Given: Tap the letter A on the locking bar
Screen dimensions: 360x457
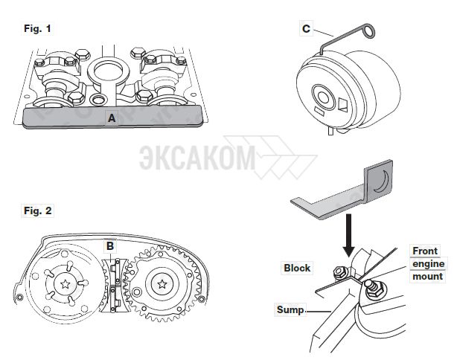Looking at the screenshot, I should pos(112,118).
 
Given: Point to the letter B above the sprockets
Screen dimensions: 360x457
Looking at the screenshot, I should pos(110,243).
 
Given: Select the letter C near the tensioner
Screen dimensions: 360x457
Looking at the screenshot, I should pos(306,29).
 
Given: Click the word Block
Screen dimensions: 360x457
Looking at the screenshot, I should pos(297,268).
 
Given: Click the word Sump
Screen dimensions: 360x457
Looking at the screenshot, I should pos(290,309).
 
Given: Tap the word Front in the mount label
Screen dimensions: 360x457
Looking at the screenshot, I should pos(425,251).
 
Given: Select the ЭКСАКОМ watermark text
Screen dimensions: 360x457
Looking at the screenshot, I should pos(195,158).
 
